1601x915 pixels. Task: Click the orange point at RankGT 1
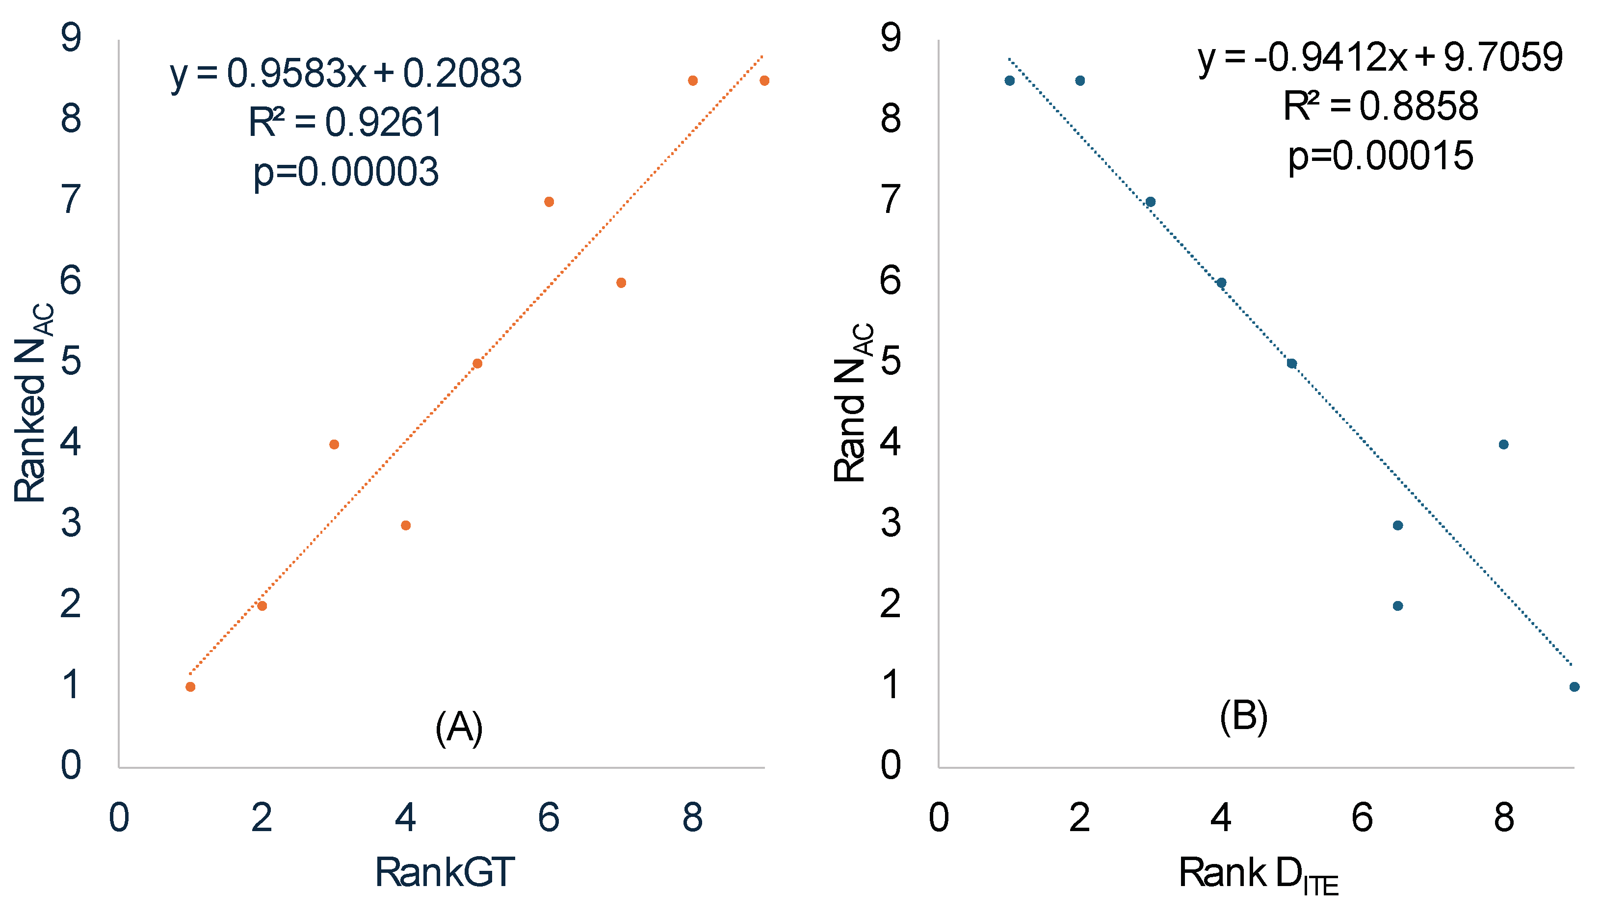(x=190, y=687)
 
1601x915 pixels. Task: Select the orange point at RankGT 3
(x=334, y=444)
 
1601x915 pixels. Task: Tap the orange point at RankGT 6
(x=549, y=202)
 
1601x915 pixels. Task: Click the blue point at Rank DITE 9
(x=1574, y=687)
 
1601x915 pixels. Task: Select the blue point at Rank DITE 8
(x=1504, y=444)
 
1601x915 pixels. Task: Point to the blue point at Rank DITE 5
(x=1292, y=363)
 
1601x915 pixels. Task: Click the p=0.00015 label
(x=1381, y=157)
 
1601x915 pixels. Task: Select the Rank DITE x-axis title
(x=1259, y=874)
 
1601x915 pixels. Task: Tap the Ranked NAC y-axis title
(x=33, y=402)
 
